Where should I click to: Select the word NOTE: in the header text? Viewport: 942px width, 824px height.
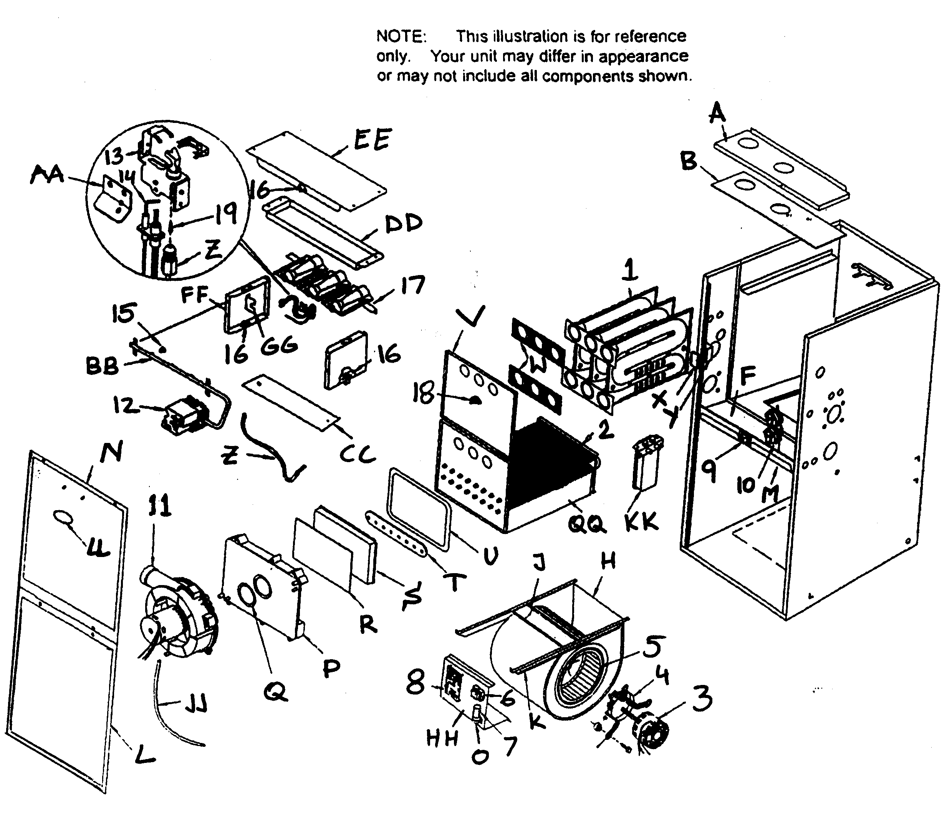[x=401, y=36]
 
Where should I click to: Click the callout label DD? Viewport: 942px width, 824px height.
[x=403, y=224]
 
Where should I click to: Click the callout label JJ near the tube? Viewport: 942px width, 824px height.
[x=195, y=703]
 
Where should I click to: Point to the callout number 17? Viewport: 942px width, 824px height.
[x=412, y=285]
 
